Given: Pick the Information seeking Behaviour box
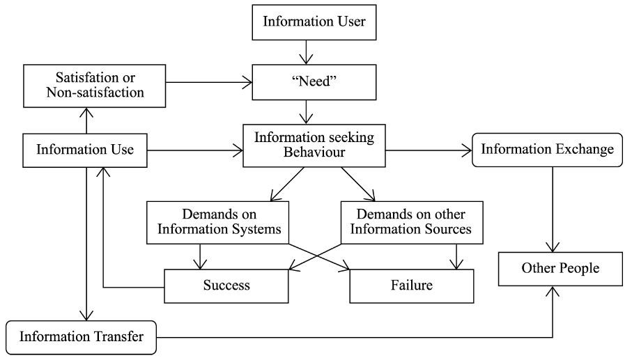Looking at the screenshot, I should click(x=313, y=145).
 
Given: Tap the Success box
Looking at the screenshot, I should click(x=226, y=285).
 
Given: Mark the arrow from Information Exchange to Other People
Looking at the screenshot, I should click(x=553, y=209).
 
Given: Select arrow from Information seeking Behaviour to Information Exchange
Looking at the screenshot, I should click(x=429, y=148).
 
